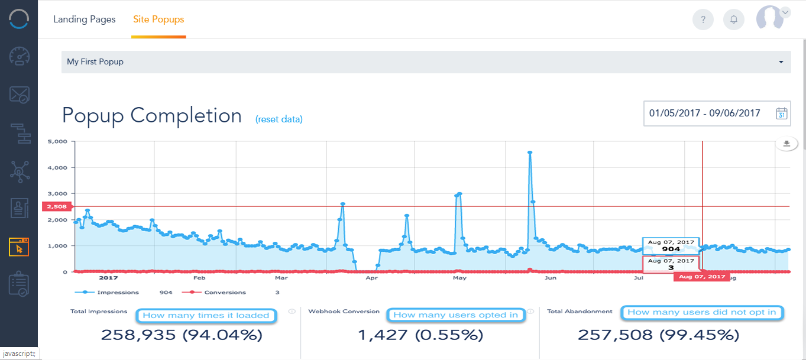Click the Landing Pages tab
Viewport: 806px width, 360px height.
(85, 19)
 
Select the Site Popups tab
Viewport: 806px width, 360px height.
(158, 19)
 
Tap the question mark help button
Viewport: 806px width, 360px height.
(703, 20)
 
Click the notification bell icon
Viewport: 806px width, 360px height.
(734, 20)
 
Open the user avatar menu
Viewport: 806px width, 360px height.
(772, 18)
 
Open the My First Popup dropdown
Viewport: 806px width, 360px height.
(426, 61)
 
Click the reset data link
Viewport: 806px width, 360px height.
(279, 119)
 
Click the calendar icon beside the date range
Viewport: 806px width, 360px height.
(781, 113)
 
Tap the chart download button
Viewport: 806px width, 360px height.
(786, 144)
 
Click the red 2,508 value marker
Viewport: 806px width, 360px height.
(56, 206)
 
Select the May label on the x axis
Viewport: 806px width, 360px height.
(459, 277)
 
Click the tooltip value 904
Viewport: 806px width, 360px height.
(671, 249)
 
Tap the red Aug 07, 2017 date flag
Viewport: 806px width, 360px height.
(702, 277)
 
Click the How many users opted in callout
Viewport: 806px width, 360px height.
(455, 315)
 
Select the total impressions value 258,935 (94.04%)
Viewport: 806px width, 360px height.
(182, 335)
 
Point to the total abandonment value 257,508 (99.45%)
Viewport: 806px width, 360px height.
(658, 335)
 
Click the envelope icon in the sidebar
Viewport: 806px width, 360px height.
(19, 95)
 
